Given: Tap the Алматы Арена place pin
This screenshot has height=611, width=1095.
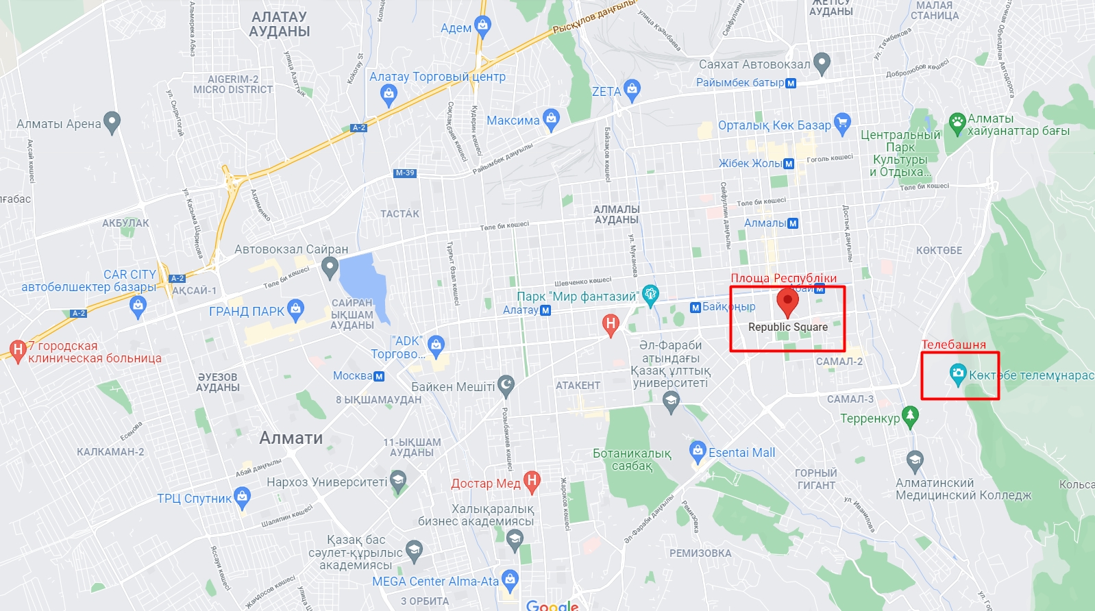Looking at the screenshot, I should click(112, 122).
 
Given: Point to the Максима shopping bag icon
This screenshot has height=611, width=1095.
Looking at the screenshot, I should click(551, 119).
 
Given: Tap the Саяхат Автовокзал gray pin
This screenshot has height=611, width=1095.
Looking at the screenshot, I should click(822, 63).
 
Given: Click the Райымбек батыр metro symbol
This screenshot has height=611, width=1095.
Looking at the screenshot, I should click(791, 83).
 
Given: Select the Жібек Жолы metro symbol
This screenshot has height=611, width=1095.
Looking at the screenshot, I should click(789, 164).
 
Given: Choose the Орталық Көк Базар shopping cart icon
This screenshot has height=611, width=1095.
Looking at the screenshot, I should click(842, 123).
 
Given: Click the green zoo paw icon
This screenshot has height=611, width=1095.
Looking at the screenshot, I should click(957, 123).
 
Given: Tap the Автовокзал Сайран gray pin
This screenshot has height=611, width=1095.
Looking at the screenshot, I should click(330, 266).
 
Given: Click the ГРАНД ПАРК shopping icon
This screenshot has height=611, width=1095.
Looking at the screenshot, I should click(295, 309).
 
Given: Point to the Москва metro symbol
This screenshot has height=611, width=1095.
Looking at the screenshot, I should click(379, 376).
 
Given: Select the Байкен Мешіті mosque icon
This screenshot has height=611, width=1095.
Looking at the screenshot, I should click(506, 386).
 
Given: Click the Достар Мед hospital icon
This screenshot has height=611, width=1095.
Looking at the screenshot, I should click(532, 481).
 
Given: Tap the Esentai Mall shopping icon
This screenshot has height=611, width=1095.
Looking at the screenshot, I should click(698, 451).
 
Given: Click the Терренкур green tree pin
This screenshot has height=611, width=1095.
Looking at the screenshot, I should click(910, 415).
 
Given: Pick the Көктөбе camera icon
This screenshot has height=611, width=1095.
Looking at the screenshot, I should click(958, 374).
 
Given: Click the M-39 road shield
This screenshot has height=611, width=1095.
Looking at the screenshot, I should click(405, 173).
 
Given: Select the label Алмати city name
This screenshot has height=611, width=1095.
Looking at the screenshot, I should click(291, 438).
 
